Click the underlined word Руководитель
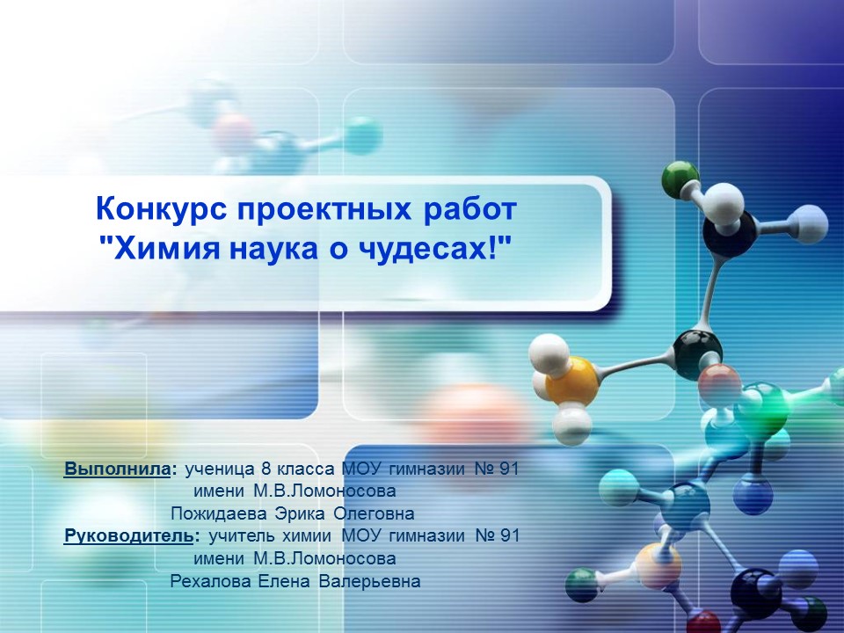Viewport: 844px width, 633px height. (x=127, y=535)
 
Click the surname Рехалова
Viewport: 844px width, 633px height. (x=210, y=581)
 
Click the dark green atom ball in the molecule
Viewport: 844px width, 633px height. (x=678, y=178)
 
